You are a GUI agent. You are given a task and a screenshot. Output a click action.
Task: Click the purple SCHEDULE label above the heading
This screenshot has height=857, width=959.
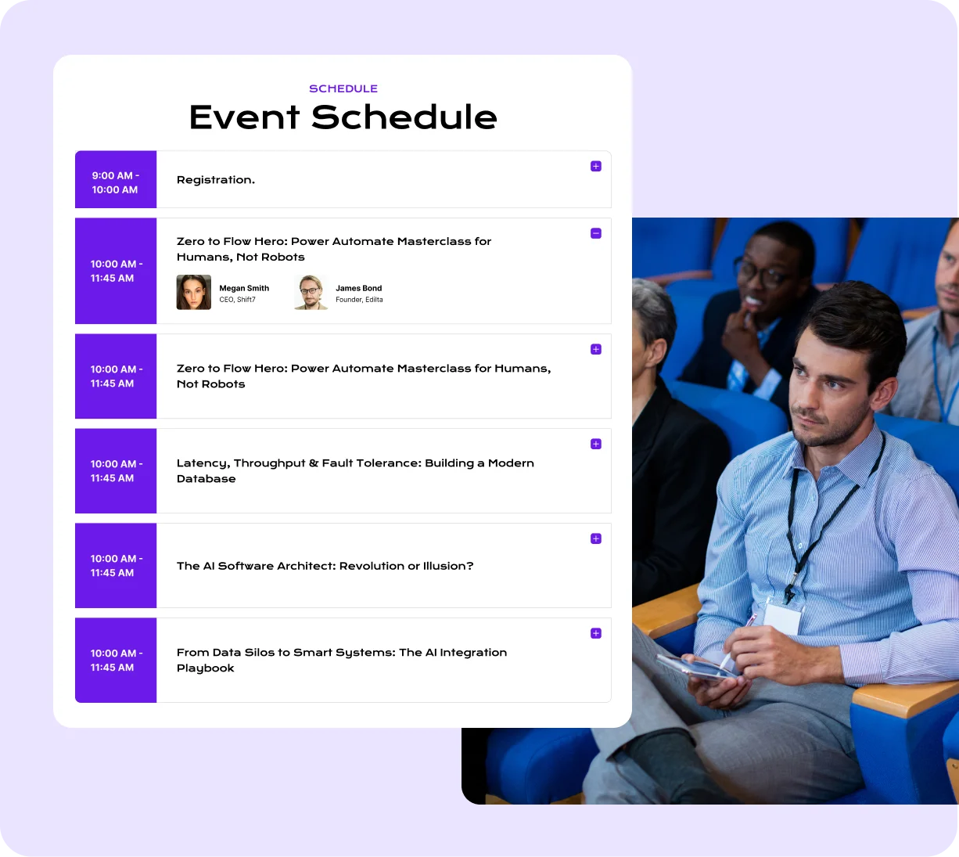coord(343,88)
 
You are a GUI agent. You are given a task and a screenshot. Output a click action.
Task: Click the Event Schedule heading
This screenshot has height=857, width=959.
coord(343,117)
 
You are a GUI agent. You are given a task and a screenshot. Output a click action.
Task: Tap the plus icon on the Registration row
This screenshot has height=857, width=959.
coord(595,166)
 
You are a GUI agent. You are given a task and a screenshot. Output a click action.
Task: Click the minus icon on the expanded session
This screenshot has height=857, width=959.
coord(595,233)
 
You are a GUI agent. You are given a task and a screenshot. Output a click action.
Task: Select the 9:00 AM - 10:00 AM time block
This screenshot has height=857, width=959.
coord(116,179)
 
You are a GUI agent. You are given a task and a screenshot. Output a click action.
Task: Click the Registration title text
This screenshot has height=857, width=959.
coord(216,180)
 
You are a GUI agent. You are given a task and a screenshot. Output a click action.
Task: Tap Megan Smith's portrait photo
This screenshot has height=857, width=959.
coord(193,292)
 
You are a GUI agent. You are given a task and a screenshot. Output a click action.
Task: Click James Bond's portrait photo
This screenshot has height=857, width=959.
coord(311,292)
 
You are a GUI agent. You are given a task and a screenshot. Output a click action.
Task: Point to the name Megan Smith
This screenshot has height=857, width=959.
coord(244,288)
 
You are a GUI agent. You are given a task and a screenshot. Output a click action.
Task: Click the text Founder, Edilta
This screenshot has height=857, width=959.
coord(359,300)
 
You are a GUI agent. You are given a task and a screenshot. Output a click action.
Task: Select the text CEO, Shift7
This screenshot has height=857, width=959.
coord(237,300)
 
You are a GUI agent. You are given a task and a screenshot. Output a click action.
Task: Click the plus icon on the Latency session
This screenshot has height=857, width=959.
coord(595,444)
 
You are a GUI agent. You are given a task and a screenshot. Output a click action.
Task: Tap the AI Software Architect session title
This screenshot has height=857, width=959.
coord(325,566)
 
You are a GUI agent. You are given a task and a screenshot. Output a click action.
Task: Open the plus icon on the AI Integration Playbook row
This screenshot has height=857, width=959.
coord(595,633)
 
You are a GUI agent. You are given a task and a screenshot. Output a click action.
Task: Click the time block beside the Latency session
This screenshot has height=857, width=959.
coord(116,471)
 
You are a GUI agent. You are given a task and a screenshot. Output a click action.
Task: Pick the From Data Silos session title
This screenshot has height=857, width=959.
coord(341,660)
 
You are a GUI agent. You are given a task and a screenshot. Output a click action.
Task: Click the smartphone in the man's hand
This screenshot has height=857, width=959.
coord(697,668)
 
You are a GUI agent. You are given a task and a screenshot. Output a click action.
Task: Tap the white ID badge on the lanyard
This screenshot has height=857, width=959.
coord(782,618)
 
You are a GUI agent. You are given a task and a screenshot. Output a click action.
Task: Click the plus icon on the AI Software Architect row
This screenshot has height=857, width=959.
coord(595,538)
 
